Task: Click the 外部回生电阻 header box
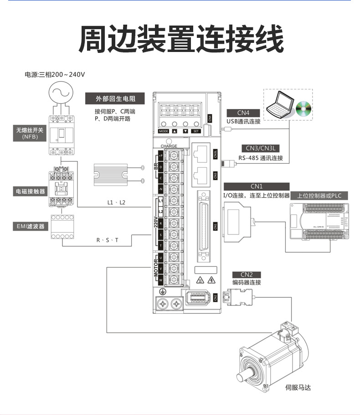(x=115, y=99)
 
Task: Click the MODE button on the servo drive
(x=164, y=131)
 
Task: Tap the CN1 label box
(x=257, y=186)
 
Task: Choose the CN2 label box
(x=246, y=274)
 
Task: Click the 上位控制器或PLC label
(x=319, y=196)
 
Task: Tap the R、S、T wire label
(x=107, y=240)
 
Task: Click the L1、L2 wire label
(x=116, y=202)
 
